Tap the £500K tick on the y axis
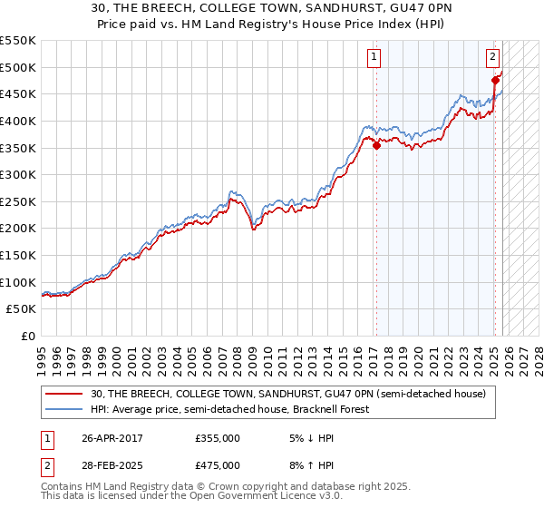[18, 67]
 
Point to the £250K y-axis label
[18, 201]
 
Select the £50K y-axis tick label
[22, 309]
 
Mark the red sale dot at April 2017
[376, 146]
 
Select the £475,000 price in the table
[218, 464]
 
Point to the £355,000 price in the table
[218, 437]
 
